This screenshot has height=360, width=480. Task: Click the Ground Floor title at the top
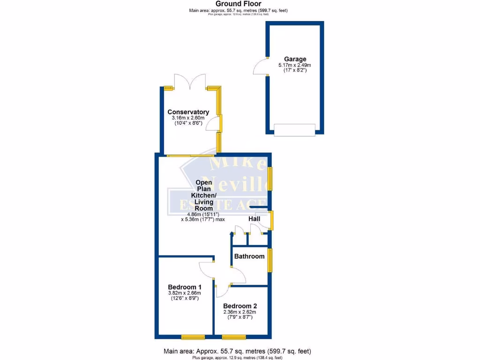pyautogui.click(x=239, y=4)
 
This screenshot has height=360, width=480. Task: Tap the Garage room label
pyautogui.click(x=295, y=59)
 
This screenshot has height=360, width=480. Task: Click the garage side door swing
pyautogui.click(x=260, y=67)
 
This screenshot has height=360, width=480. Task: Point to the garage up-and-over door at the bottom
pyautogui.click(x=294, y=130)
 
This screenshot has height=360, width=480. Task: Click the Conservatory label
pyautogui.click(x=188, y=112)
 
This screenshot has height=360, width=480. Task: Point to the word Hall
pyautogui.click(x=254, y=218)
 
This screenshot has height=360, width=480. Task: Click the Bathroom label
pyautogui.click(x=249, y=256)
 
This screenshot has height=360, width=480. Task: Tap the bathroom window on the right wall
pyautogui.click(x=270, y=260)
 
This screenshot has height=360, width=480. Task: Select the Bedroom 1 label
pyautogui.click(x=185, y=287)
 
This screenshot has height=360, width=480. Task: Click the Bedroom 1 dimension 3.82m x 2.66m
pyautogui.click(x=185, y=293)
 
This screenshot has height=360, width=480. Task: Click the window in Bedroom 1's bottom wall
pyautogui.click(x=193, y=336)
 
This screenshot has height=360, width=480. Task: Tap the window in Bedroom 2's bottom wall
pyautogui.click(x=234, y=336)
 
